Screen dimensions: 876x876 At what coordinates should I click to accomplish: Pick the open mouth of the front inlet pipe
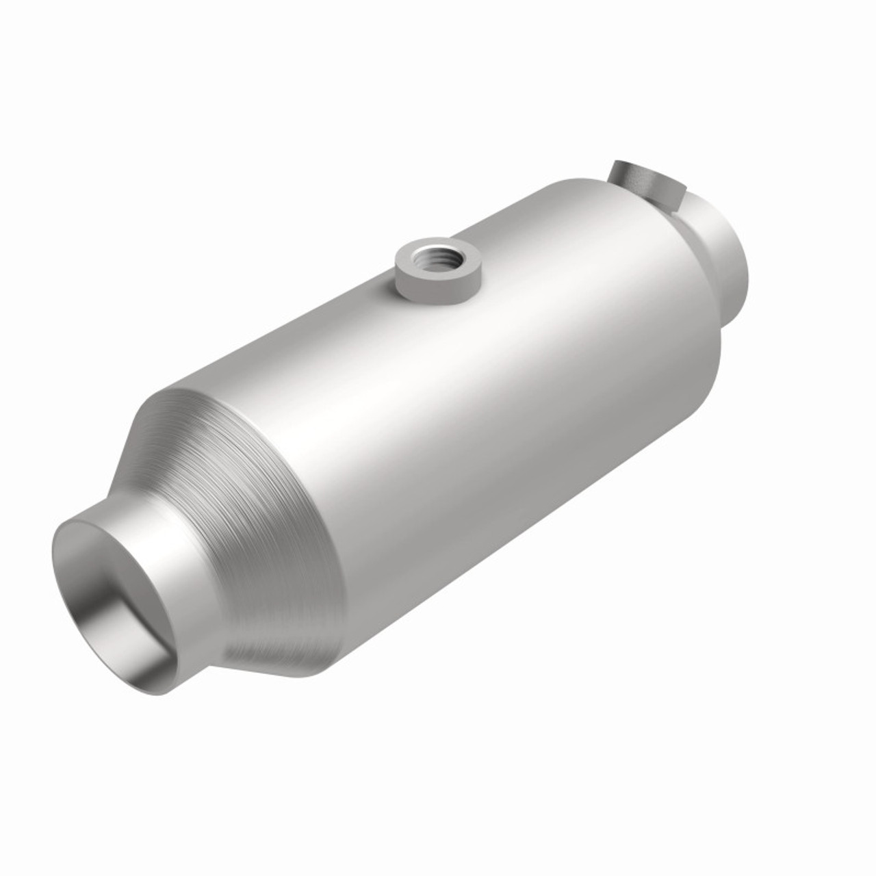click(x=123, y=589)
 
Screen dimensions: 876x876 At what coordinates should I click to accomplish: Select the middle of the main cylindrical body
click(x=465, y=411)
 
